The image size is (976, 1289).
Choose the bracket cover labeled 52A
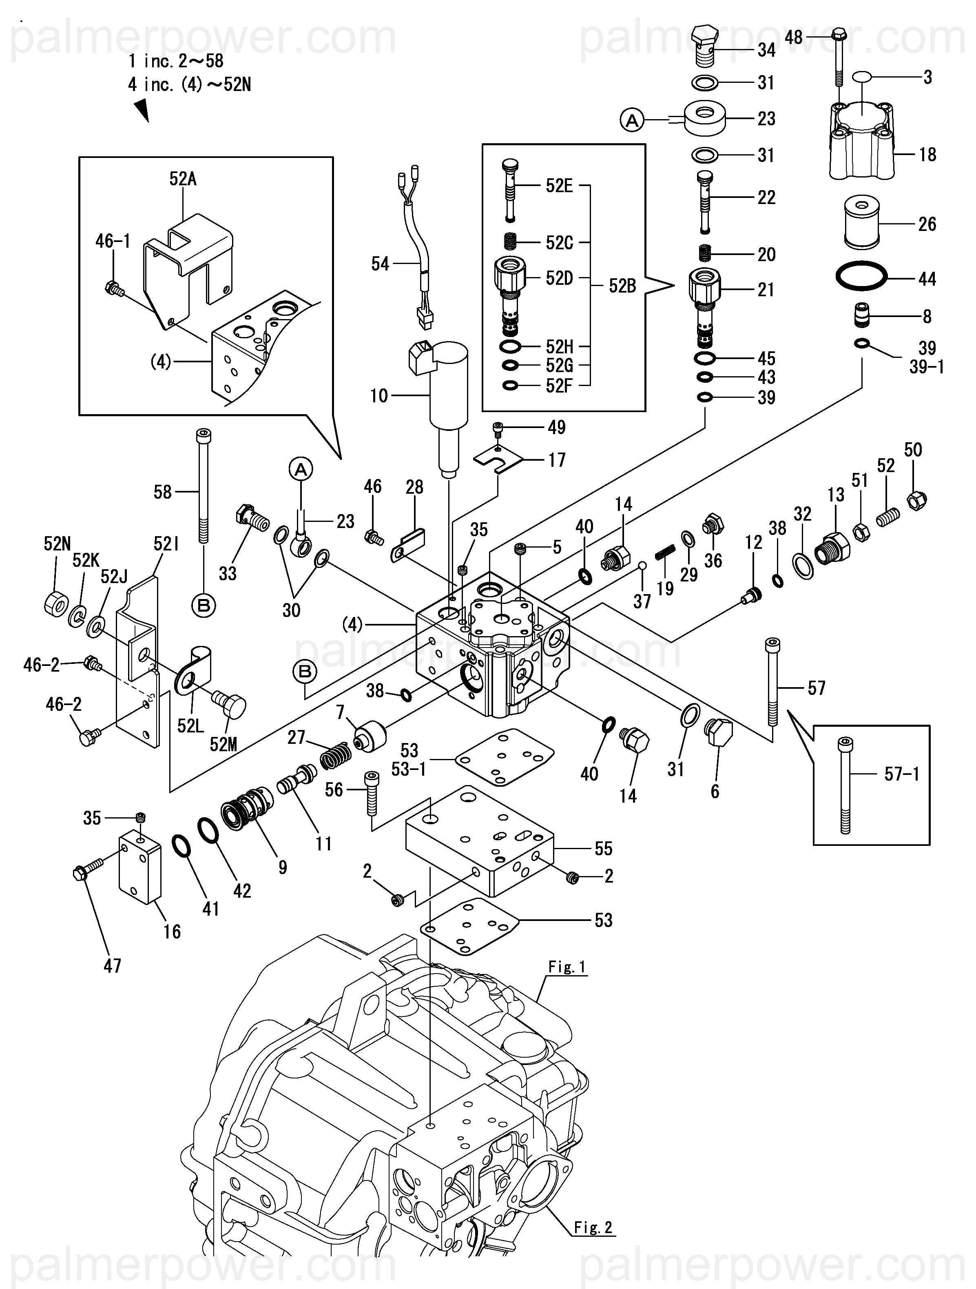coord(188,256)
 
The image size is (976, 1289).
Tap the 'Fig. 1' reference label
coord(567,967)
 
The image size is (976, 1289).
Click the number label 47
coord(113,965)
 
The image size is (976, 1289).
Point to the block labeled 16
coord(140,868)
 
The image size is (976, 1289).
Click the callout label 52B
coord(622,286)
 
